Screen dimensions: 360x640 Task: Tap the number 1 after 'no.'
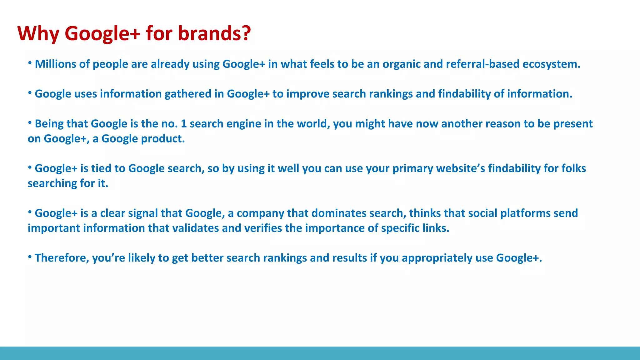pos(183,124)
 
